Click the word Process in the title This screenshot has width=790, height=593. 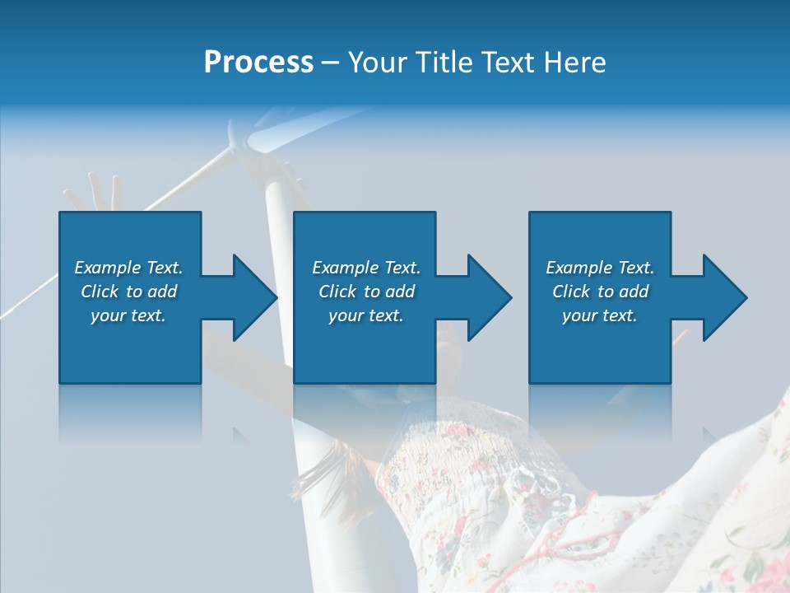[x=258, y=63]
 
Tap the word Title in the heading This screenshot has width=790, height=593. [x=440, y=63]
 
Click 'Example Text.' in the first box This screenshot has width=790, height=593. [x=128, y=268]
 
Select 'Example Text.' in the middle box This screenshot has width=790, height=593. [x=366, y=268]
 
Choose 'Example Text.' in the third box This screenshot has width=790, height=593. [x=600, y=268]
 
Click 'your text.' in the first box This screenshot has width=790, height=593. [x=128, y=315]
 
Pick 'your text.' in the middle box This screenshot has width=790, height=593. [x=366, y=315]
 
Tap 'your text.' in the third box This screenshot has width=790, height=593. [x=600, y=315]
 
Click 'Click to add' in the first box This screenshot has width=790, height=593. [x=128, y=292]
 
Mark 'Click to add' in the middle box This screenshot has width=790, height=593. [x=366, y=292]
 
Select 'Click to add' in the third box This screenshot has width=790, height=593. [x=600, y=292]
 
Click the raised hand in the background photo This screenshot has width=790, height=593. [x=95, y=194]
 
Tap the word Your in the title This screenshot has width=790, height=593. [x=378, y=63]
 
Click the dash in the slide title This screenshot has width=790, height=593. [x=331, y=64]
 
